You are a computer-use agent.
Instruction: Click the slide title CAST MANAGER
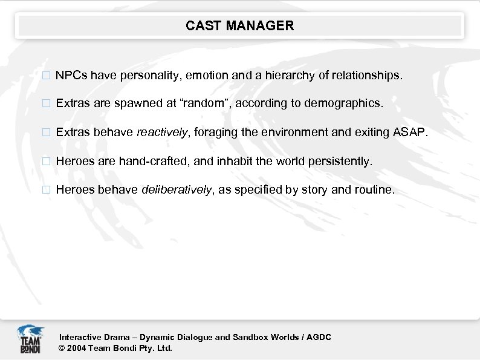239,25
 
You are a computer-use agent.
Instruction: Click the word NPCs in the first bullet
71,76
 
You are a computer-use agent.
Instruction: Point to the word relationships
365,76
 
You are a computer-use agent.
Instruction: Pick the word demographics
343,103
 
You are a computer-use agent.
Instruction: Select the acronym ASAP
413,132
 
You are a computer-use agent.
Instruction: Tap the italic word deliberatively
176,190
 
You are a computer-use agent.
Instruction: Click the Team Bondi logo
30,339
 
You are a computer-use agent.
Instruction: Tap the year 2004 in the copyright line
77,348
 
